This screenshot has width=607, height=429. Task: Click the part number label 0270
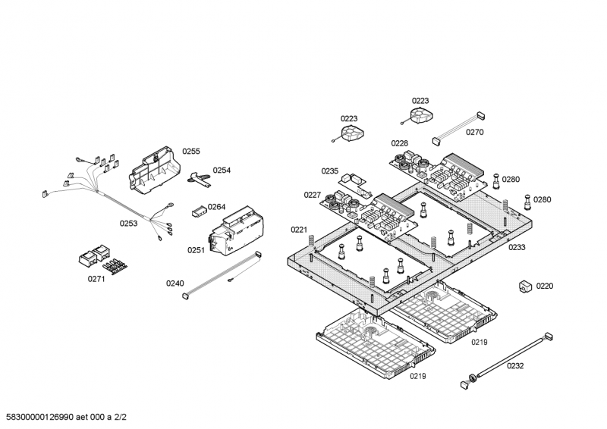point(474,132)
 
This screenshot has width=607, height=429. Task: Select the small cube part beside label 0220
point(524,287)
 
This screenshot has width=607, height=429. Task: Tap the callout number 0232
point(515,365)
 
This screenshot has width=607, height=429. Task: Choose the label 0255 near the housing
point(191,152)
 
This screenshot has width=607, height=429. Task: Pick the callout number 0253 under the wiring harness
point(128,223)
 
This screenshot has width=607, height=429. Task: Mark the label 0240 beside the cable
point(175,283)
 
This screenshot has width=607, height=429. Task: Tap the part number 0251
point(197,249)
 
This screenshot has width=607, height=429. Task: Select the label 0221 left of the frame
point(299,230)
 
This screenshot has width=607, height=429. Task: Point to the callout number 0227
point(313,195)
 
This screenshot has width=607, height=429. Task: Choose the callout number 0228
point(400,143)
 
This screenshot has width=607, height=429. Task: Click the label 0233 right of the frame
point(517,247)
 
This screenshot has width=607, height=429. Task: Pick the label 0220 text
point(545,287)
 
